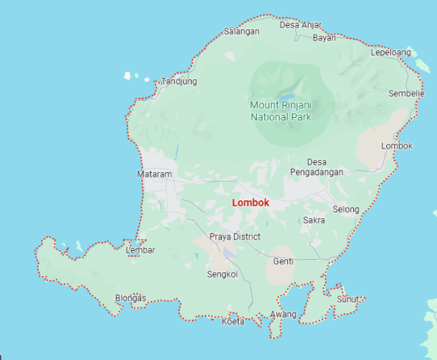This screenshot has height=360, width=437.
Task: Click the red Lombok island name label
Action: click(250, 203)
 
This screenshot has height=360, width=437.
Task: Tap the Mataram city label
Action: click(156, 174)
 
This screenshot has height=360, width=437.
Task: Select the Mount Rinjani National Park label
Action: click(281, 111)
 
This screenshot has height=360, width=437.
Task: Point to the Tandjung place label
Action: click(179, 82)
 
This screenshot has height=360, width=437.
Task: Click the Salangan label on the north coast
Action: click(242, 31)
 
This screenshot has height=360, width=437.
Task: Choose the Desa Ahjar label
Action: click(300, 24)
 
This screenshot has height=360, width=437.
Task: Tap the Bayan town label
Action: click(324, 38)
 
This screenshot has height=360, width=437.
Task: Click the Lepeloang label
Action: click(391, 52)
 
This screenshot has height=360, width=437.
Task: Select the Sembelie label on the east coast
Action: click(406, 94)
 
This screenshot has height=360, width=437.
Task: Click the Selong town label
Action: click(346, 209)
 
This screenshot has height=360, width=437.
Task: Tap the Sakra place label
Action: click(314, 220)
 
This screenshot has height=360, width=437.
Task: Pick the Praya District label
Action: click(235, 237)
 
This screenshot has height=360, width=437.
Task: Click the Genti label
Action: click(283, 261)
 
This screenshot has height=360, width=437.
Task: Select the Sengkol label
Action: click(223, 274)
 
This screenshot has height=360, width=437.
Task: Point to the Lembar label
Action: click(141, 250)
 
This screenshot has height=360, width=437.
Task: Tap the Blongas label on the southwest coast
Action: click(131, 298)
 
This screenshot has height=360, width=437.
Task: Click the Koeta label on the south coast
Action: click(232, 322)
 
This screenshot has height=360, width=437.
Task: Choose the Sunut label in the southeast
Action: click(348, 299)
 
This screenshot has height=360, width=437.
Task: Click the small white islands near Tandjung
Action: click(127, 77)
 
